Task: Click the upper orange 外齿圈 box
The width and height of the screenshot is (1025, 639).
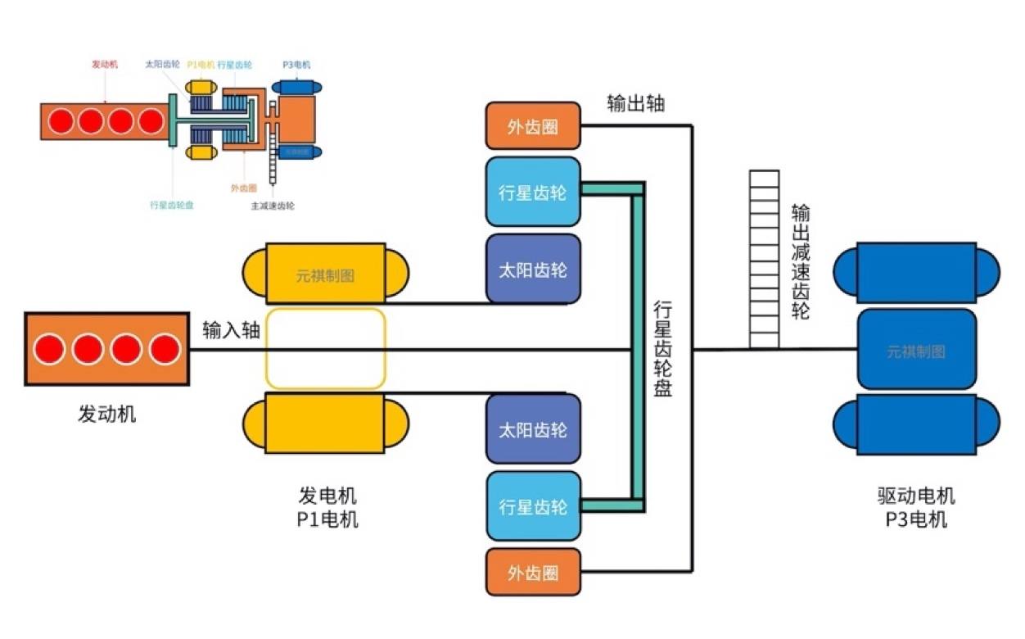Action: pyautogui.click(x=533, y=127)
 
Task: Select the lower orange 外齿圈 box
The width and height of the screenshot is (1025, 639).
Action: pyautogui.click(x=533, y=572)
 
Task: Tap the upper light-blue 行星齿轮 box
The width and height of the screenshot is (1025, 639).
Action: pyautogui.click(x=533, y=193)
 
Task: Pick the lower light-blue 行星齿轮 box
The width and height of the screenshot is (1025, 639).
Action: pyautogui.click(x=533, y=506)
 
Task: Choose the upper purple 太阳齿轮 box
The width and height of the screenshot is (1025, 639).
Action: pyautogui.click(x=533, y=270)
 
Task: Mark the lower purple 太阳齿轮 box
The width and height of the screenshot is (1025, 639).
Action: pyautogui.click(x=533, y=429)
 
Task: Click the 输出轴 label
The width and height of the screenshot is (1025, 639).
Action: pyautogui.click(x=636, y=103)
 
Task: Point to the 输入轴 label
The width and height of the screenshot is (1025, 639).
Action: pyautogui.click(x=232, y=330)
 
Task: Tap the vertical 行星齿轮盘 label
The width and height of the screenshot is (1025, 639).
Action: pyautogui.click(x=662, y=349)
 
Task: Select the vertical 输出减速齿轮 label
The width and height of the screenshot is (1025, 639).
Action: pyautogui.click(x=800, y=262)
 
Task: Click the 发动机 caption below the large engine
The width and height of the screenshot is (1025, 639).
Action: pyautogui.click(x=106, y=413)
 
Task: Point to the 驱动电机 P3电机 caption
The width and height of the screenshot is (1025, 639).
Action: pyautogui.click(x=915, y=508)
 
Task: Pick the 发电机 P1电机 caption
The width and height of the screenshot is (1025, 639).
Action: pyautogui.click(x=327, y=508)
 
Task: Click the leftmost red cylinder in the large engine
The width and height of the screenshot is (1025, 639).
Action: pyautogui.click(x=51, y=350)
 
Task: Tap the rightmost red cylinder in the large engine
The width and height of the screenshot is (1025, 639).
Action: pyautogui.click(x=164, y=350)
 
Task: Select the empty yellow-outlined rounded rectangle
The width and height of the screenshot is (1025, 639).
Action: pyautogui.click(x=325, y=348)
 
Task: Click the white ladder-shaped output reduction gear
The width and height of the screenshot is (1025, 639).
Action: pyautogui.click(x=763, y=259)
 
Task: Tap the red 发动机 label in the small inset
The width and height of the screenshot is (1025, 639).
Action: pyautogui.click(x=104, y=64)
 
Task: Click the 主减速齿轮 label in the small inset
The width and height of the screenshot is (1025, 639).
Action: pyautogui.click(x=273, y=206)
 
